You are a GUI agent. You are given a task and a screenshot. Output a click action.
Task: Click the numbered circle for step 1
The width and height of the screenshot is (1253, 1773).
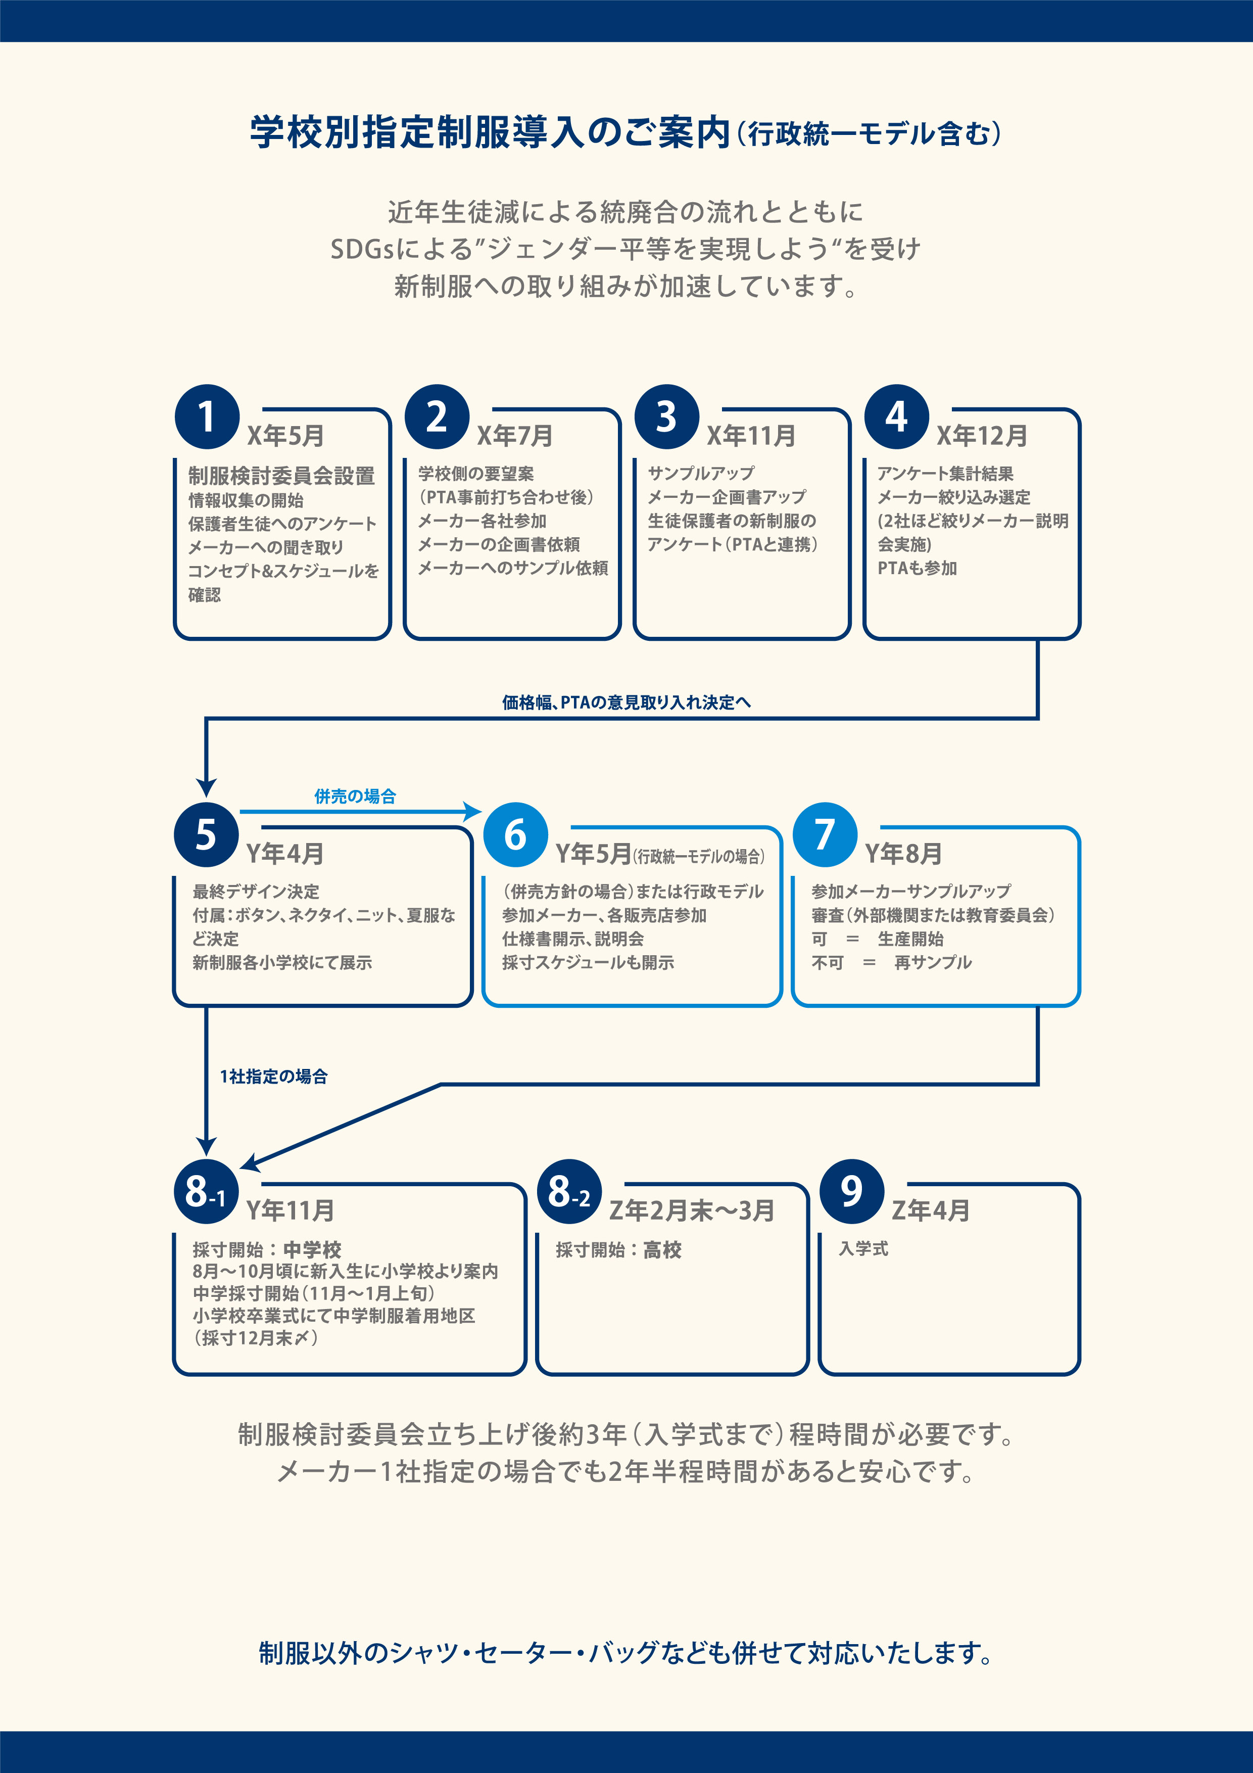207,417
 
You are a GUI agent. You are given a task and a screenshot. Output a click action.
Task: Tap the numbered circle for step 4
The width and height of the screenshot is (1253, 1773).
896,417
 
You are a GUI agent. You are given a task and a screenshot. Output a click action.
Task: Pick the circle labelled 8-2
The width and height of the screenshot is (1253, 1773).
569,1192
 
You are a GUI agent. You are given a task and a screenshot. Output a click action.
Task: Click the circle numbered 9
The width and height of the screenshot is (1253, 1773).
851,1192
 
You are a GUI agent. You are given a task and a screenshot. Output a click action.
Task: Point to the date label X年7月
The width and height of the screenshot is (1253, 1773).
515,436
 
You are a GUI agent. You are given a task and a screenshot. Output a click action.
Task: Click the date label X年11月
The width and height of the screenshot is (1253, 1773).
751,436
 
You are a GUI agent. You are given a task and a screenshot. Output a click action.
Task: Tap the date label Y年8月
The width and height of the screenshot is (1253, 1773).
903,853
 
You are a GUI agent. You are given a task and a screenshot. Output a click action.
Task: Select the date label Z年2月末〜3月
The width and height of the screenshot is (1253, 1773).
692,1210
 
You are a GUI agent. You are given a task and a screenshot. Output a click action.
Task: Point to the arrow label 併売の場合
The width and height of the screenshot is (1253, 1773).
355,796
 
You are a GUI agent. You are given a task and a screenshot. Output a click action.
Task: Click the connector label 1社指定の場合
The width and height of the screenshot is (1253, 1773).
273,1077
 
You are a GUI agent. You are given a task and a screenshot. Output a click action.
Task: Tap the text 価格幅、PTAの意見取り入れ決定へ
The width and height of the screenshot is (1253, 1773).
626,702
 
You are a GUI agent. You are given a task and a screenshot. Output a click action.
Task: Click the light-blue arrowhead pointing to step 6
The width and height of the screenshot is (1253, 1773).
472,811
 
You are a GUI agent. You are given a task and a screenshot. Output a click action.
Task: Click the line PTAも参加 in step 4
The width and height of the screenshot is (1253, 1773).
917,569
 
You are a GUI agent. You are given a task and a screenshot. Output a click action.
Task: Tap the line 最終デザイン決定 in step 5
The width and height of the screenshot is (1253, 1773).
256,892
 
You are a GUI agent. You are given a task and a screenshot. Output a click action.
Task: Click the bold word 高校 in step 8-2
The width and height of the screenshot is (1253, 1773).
662,1250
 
